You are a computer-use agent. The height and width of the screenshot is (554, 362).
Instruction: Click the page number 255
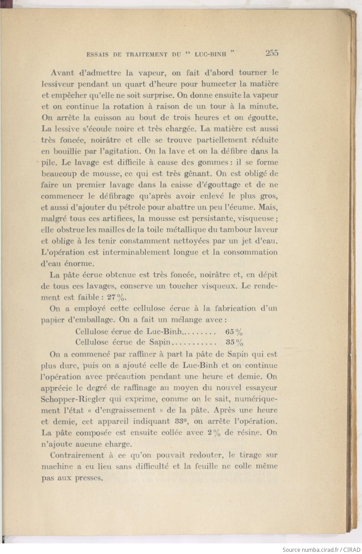(x=271, y=53)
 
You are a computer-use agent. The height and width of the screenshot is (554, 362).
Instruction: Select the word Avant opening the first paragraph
(x=62, y=73)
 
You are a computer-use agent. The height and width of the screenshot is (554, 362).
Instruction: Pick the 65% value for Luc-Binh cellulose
(x=234, y=332)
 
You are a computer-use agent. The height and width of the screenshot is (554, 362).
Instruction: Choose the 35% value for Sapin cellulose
(x=234, y=342)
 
